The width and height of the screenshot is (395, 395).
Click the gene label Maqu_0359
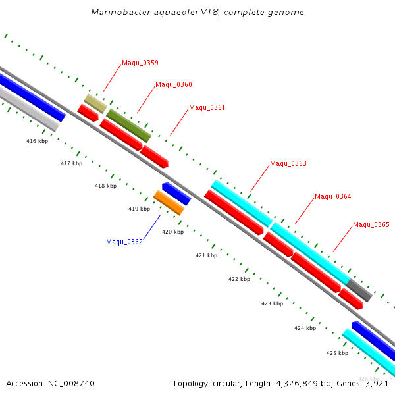tap(140, 63)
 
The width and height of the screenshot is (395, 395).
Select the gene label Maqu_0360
tap(173, 85)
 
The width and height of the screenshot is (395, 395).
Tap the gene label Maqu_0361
tap(207, 107)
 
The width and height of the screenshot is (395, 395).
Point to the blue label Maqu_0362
tap(124, 242)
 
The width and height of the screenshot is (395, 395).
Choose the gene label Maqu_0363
tap(288, 164)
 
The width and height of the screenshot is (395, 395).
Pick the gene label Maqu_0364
tap(332, 197)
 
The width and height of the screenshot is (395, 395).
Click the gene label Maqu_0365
tap(371, 225)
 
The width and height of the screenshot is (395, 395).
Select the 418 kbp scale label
tap(105, 186)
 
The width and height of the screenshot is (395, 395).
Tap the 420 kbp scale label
tap(172, 232)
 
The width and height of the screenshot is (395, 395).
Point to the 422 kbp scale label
tap(239, 280)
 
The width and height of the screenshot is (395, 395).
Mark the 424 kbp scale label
tap(305, 328)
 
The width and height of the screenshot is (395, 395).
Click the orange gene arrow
tap(169, 203)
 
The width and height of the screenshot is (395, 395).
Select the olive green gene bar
tap(128, 126)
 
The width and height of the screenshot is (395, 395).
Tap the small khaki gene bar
tap(95, 103)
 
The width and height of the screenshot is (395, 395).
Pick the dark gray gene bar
tap(359, 290)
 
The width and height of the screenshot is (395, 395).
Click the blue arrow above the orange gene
tap(176, 194)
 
